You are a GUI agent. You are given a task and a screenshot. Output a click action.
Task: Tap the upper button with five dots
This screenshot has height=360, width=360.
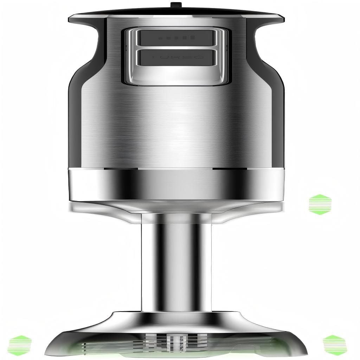point(175,38)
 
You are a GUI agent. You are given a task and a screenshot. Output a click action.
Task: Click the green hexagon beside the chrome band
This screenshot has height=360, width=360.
point(320,204)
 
